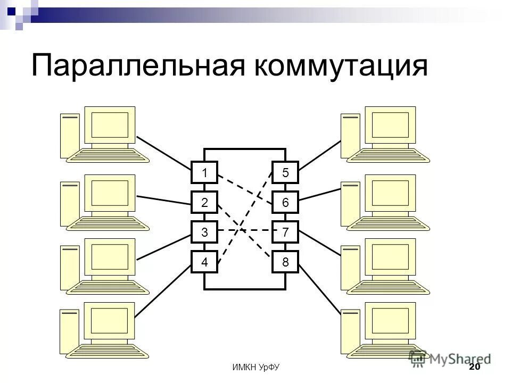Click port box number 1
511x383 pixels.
[204, 172]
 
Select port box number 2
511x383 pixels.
[204, 202]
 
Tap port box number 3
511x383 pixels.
[204, 232]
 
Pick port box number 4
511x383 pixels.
[204, 262]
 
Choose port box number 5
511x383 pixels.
[285, 172]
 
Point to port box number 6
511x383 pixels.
[285, 202]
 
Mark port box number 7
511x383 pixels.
[285, 232]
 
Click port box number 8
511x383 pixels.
[285, 262]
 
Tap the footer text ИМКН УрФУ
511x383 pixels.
[257, 368]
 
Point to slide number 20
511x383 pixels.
[474, 368]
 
